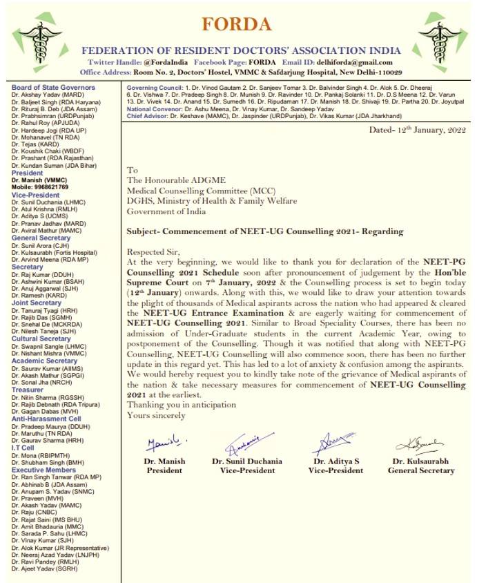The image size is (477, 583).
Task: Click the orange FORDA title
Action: point(237,23)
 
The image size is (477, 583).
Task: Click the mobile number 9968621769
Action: point(48,187)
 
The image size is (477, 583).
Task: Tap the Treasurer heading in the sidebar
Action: point(27,390)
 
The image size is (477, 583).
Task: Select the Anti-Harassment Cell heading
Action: point(46,419)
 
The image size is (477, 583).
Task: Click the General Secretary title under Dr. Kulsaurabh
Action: point(421,470)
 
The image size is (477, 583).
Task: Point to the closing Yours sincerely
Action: point(156,415)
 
